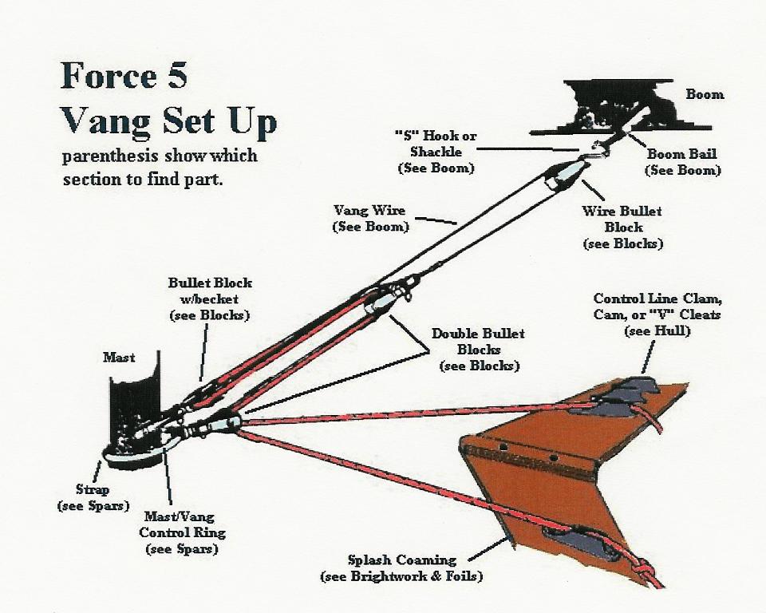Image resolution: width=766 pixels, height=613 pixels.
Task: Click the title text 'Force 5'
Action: pos(124,76)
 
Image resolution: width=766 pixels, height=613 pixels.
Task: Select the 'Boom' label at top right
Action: pos(705,94)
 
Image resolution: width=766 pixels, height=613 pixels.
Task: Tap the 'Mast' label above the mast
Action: pos(119,358)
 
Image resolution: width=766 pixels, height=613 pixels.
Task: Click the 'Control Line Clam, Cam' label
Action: pos(657,306)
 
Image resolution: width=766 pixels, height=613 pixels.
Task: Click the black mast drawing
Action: pos(133,408)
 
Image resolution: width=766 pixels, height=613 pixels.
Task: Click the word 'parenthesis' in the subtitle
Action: pos(110,156)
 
